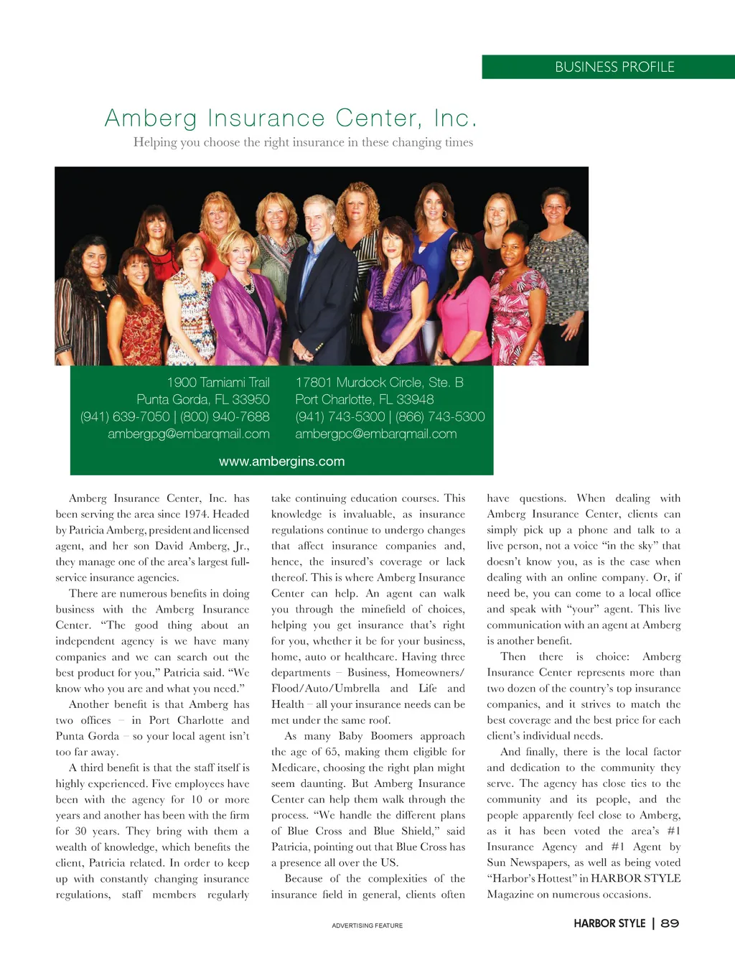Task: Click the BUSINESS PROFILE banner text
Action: (x=614, y=67)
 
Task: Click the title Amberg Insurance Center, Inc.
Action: (x=291, y=118)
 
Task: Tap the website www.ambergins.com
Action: (x=281, y=462)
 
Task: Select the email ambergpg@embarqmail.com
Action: (x=189, y=434)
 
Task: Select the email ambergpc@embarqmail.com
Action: (x=375, y=434)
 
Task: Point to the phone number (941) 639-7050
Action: (x=125, y=416)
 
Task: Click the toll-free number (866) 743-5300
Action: (x=440, y=416)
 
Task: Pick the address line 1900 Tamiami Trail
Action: (x=218, y=382)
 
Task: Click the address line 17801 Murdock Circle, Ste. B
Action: (x=379, y=382)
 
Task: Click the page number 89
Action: (x=669, y=923)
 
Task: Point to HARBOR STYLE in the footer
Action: (x=609, y=923)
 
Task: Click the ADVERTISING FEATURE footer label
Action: (x=367, y=926)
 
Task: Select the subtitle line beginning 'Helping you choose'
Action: (x=303, y=142)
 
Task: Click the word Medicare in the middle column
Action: (x=294, y=768)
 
